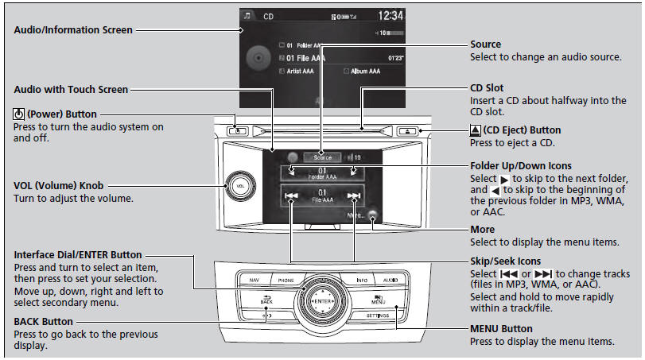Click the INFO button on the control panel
362,281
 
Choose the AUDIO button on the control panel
389,281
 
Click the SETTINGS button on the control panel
377,315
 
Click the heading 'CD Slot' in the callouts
487,87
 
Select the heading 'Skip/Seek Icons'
505,261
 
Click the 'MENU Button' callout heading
501,328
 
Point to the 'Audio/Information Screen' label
72,30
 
